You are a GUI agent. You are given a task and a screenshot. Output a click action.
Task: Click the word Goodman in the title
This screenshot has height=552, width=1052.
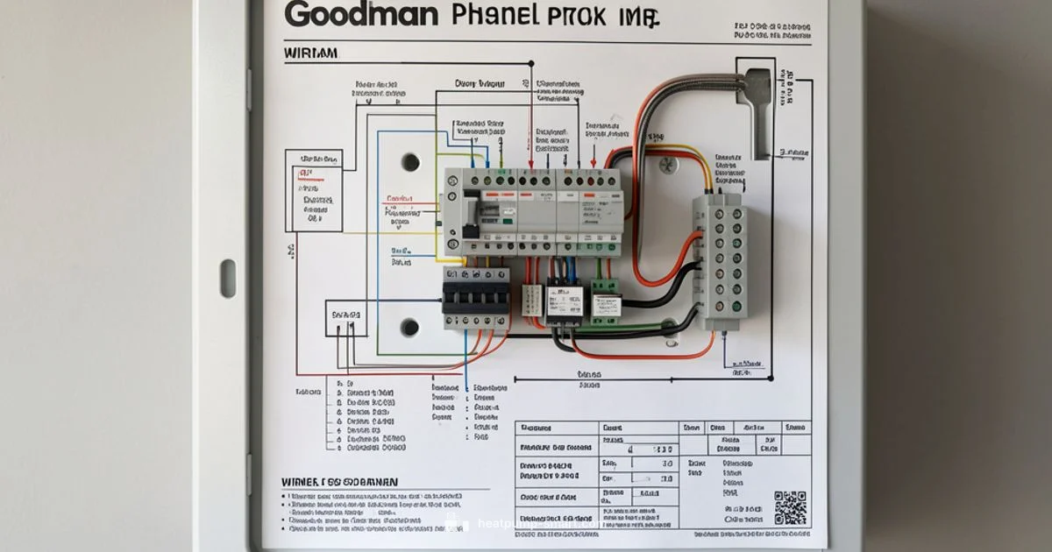coord(362,14)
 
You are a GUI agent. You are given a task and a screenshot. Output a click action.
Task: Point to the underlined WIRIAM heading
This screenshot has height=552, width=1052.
coord(310,53)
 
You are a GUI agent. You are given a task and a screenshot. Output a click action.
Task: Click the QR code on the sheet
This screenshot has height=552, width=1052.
coord(790,507)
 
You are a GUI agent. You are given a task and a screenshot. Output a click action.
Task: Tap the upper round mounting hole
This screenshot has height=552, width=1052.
coord(409,162)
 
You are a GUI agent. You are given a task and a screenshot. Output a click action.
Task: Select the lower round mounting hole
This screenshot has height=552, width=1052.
coord(409,327)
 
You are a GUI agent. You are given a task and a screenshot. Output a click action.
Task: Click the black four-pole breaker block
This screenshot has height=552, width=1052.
coord(475,298)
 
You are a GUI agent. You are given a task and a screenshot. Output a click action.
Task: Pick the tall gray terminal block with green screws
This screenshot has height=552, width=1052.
coord(721,260)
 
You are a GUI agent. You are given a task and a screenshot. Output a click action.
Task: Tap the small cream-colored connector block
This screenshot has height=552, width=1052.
coord(532,299)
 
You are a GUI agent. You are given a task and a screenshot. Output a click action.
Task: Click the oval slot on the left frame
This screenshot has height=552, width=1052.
coord(228,278)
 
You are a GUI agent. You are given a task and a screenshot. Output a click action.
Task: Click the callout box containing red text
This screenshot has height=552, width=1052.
coord(313,194)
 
